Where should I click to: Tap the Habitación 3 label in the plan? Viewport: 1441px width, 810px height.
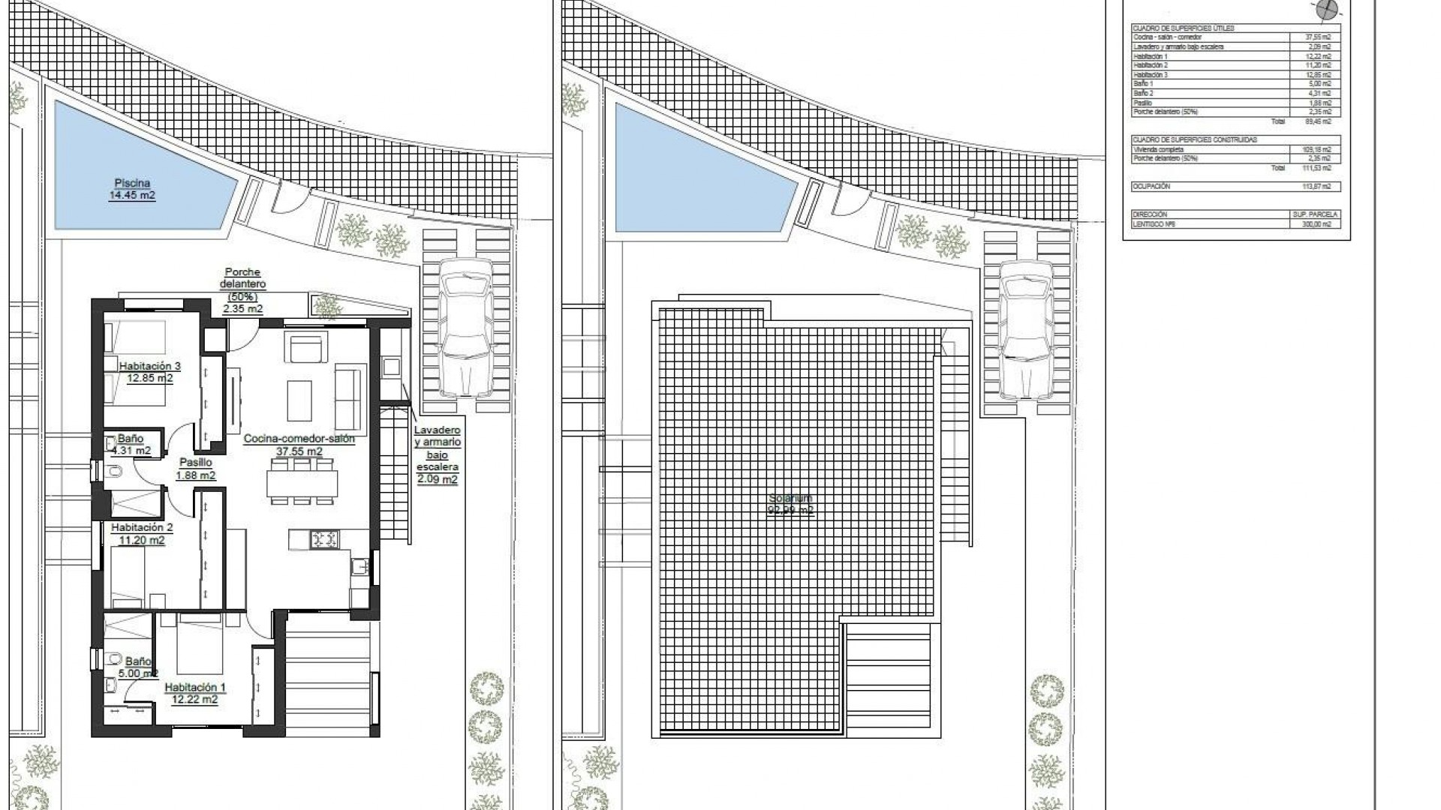149,372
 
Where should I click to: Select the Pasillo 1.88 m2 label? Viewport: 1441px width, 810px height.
195,469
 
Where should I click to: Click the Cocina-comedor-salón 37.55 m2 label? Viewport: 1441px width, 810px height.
299,445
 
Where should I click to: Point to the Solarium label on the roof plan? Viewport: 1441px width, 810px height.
790,504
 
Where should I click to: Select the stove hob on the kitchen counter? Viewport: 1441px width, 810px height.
325,538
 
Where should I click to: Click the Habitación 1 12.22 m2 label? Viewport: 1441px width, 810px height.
194,693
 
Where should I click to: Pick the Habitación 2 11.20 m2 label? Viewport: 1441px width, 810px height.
141,533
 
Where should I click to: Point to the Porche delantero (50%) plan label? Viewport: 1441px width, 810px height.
242,290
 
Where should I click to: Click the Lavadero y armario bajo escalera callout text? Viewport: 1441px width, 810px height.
437,454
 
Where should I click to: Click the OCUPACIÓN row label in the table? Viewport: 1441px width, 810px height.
1151,186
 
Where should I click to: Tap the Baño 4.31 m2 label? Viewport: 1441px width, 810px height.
131,445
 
